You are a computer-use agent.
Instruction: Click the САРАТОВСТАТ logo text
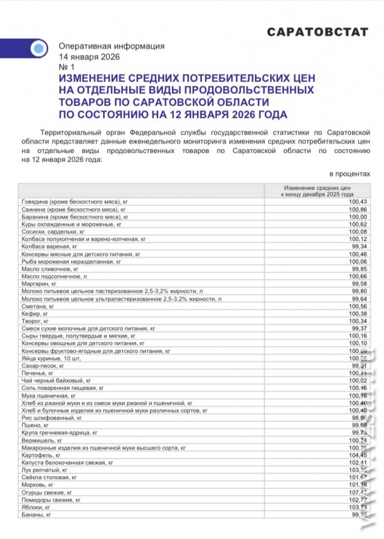pos(317,32)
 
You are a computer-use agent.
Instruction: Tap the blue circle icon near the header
pos(38,48)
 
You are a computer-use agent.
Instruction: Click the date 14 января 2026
pos(89,57)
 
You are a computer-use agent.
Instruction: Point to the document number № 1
pos(66,67)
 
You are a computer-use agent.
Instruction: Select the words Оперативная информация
pos(112,47)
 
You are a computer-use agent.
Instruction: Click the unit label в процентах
pos(350,174)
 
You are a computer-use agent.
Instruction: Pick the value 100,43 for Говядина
pos(357,202)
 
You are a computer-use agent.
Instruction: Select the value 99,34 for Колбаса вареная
pos(359,246)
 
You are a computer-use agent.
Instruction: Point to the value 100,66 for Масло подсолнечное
pos(357,277)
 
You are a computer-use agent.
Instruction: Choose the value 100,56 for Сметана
pos(357,307)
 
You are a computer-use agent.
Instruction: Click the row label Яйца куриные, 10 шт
pos(48,359)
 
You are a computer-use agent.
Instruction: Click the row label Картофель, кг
pos(40,455)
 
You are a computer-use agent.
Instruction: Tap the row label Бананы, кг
pos(36,515)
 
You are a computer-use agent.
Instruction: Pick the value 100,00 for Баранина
pos(357,216)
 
